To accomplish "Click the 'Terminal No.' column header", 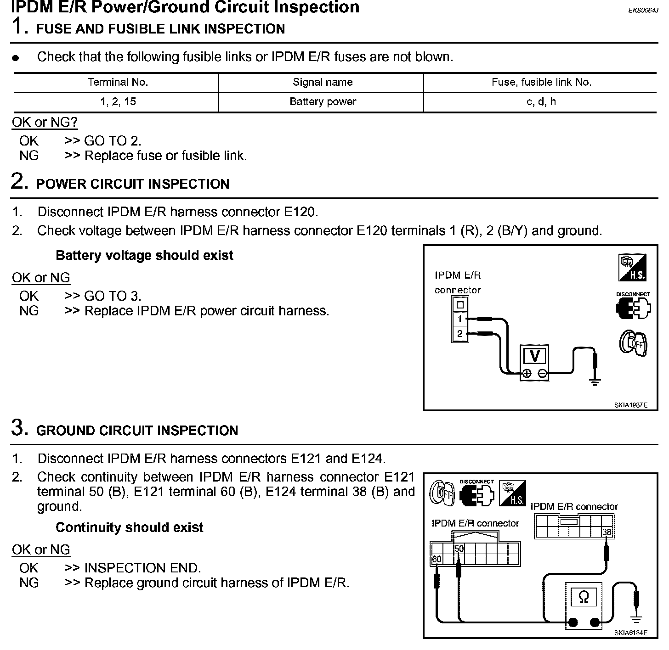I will [x=118, y=83].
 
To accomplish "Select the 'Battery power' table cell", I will [x=323, y=102].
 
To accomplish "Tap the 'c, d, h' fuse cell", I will [x=541, y=102].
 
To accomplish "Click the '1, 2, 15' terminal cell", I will [x=118, y=102].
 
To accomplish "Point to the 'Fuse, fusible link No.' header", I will [x=541, y=83].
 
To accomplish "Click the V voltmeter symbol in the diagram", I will [x=534, y=356].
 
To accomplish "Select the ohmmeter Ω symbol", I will [x=584, y=597].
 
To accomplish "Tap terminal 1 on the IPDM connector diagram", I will [x=459, y=319].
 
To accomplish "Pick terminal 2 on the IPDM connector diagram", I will [x=459, y=334].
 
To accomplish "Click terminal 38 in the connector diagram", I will [x=607, y=532].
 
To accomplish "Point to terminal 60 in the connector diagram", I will [x=436, y=559].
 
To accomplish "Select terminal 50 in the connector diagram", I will [x=459, y=549].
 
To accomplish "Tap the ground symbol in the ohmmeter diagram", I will [x=636, y=620].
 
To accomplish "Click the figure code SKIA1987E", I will [x=630, y=405].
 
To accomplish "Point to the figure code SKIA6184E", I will [x=630, y=633].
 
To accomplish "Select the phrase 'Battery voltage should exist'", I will [x=144, y=256].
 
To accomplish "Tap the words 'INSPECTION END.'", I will [x=142, y=568].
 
